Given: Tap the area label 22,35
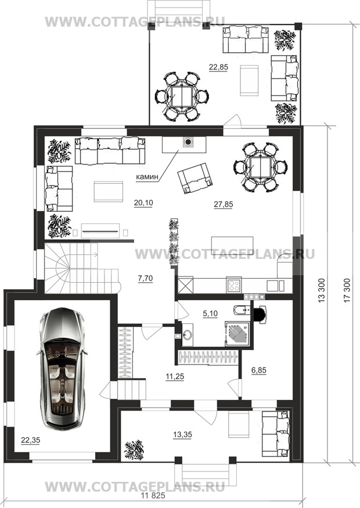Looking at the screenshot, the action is (x=30, y=440).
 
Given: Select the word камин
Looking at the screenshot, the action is (x=147, y=177).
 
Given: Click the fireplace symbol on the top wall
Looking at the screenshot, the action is (x=188, y=142).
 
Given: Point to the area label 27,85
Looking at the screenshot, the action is (x=224, y=204).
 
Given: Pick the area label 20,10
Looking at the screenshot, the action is (x=143, y=203).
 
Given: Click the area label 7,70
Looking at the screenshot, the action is (x=145, y=278).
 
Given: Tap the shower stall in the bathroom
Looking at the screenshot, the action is (x=237, y=333).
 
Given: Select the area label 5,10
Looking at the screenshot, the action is (x=210, y=314).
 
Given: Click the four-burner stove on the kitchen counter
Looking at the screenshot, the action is (x=234, y=285).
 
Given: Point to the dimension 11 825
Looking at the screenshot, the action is (x=153, y=495).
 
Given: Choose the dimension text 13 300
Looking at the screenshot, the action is (x=321, y=291).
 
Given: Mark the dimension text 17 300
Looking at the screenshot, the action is (x=347, y=291).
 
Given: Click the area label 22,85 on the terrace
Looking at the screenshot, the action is (x=218, y=67).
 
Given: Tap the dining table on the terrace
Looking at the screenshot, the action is (x=182, y=96).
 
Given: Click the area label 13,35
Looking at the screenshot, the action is (x=182, y=434).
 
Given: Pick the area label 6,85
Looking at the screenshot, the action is (x=258, y=370).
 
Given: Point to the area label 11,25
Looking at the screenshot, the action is (x=175, y=376).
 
